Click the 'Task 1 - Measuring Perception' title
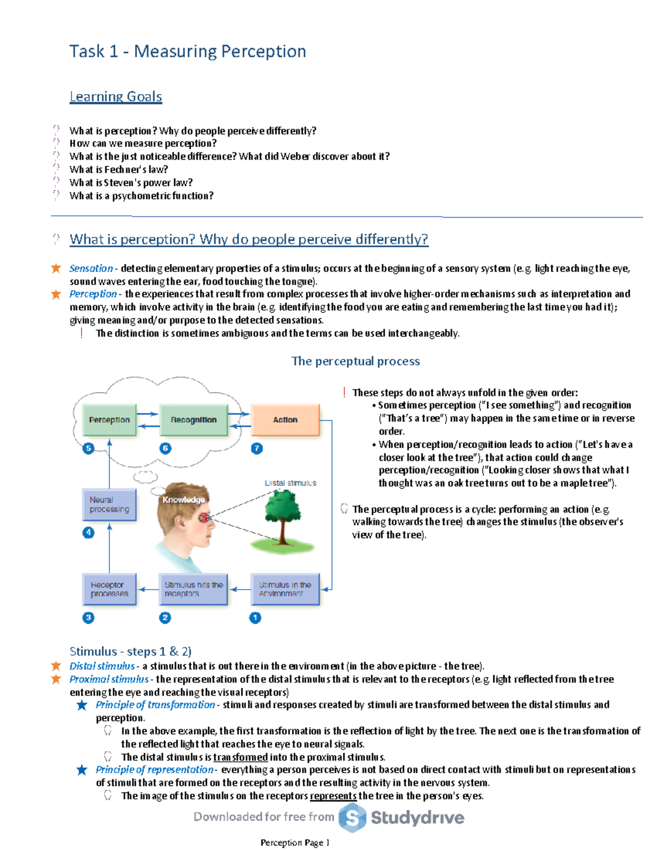click(x=187, y=51)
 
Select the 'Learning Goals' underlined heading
click(x=116, y=97)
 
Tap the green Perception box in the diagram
click(x=109, y=420)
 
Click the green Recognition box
click(x=193, y=420)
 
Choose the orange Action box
click(x=285, y=420)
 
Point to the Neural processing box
click(x=109, y=505)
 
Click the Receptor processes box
click(x=109, y=589)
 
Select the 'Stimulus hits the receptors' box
click(x=193, y=589)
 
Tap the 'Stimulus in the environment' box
click(x=285, y=589)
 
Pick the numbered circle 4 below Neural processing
click(x=88, y=533)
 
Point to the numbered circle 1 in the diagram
click(x=255, y=617)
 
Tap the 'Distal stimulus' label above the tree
click(x=290, y=483)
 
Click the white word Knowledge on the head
click(x=183, y=500)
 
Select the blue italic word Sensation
click(x=91, y=269)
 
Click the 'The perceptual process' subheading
click(x=355, y=361)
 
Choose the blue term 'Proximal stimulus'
click(x=109, y=679)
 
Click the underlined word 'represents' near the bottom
click(x=333, y=796)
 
